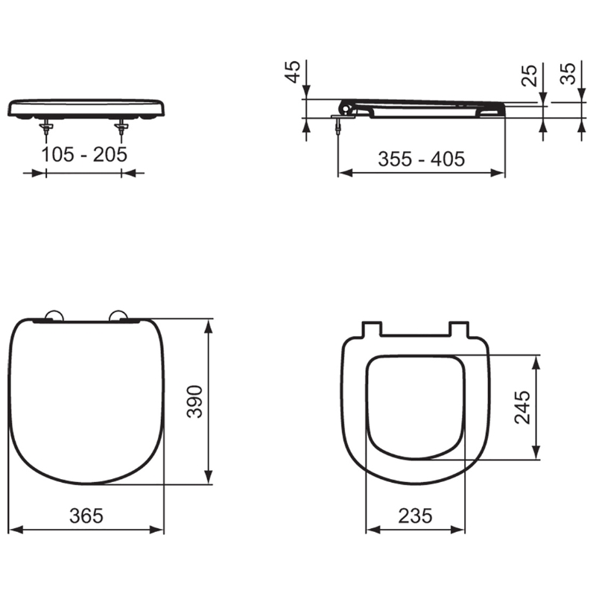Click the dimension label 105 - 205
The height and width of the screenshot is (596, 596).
pyautogui.click(x=84, y=154)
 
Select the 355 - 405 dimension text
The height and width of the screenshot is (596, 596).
pyautogui.click(x=421, y=159)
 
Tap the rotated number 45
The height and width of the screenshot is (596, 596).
pyautogui.click(x=293, y=72)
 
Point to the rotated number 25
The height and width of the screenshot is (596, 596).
pyautogui.click(x=529, y=75)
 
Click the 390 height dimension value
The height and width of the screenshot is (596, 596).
pyautogui.click(x=195, y=402)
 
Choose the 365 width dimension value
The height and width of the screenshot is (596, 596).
pyautogui.click(x=86, y=516)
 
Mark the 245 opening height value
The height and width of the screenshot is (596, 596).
pyautogui.click(x=522, y=407)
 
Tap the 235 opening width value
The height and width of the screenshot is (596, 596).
pyautogui.click(x=415, y=516)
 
